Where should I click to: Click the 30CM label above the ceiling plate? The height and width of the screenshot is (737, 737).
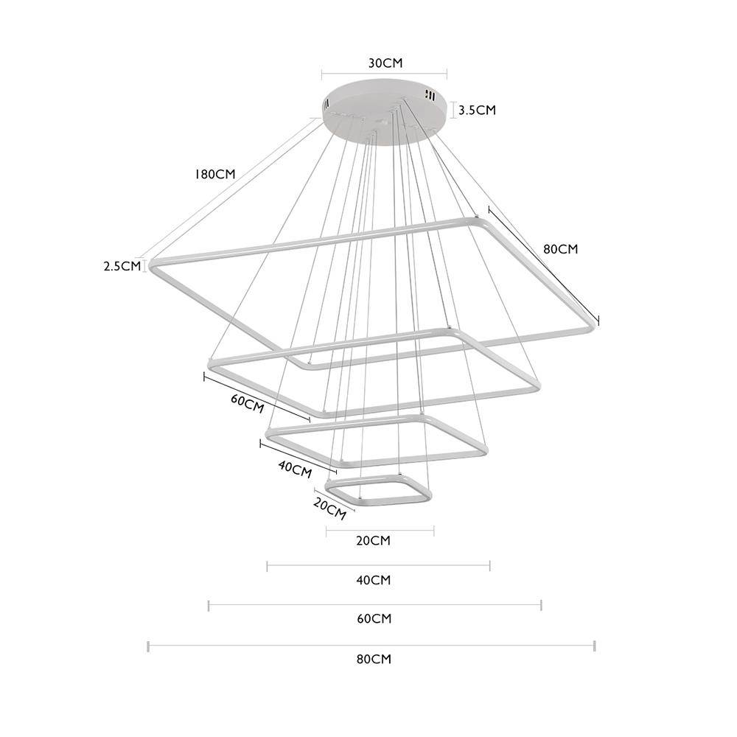click(385, 63)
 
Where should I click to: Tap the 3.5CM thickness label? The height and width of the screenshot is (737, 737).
click(477, 110)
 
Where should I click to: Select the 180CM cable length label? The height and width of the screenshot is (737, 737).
click(214, 175)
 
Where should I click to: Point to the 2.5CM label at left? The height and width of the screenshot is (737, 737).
click(122, 266)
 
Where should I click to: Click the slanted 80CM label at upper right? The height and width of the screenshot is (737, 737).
click(560, 248)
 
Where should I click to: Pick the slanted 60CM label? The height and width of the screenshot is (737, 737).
click(247, 403)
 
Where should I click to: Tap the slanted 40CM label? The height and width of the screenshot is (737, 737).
click(295, 469)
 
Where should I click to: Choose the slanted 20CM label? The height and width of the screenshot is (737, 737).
click(330, 509)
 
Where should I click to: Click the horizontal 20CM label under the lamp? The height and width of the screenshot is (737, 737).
click(373, 540)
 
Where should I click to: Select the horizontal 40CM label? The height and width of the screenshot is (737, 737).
click(373, 580)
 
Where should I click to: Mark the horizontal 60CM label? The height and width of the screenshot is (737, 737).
click(374, 618)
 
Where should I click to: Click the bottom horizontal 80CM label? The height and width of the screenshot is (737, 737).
click(374, 659)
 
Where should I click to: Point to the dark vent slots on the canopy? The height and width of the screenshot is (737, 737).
click(428, 94)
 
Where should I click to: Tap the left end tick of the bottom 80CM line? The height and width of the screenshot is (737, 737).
click(149, 646)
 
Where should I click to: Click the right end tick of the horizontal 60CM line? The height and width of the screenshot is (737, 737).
click(542, 605)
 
